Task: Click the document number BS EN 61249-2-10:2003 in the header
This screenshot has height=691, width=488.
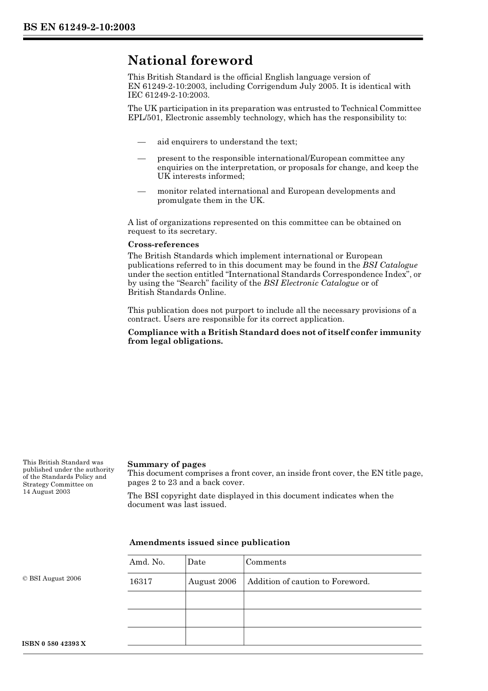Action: tap(79, 27)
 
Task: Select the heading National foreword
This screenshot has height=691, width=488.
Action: tap(190, 61)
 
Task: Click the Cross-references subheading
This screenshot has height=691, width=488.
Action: tap(163, 245)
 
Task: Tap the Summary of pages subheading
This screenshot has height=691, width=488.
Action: tap(166, 464)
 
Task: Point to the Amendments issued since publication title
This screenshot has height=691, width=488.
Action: tap(210, 543)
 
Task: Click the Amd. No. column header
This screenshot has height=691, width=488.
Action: tap(147, 562)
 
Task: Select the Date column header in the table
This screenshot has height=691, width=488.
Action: tap(196, 562)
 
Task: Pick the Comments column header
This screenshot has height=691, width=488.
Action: tap(266, 562)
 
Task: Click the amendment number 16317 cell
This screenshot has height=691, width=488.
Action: tap(141, 582)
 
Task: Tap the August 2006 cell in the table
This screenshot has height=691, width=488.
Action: tap(212, 582)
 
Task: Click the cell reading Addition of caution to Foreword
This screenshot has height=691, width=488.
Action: tap(308, 582)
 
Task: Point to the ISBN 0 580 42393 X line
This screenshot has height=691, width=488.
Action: tap(54, 644)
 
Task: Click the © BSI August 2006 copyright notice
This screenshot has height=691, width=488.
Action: tap(52, 578)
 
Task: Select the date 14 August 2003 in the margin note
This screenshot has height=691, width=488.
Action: tap(46, 492)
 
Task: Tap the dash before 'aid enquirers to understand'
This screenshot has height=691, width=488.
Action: tap(141, 142)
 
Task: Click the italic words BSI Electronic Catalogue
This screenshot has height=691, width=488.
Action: tap(311, 283)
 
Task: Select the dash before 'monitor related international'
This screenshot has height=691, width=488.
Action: tap(141, 192)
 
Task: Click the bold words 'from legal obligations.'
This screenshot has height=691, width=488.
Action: tap(175, 341)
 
